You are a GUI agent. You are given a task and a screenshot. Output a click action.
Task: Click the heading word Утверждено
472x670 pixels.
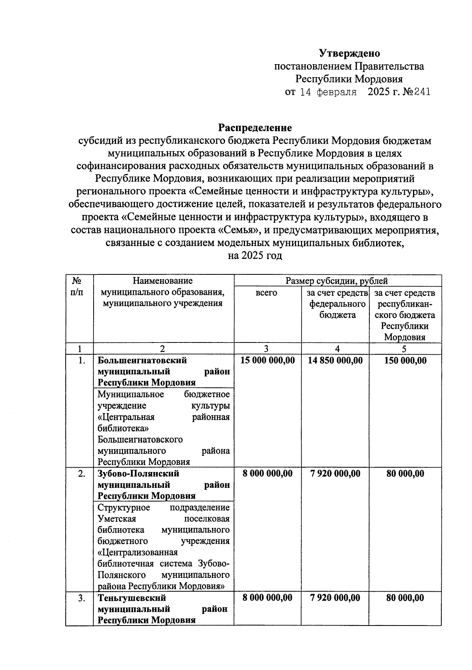coord(349,53)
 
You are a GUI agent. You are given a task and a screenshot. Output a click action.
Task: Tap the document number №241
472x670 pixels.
coord(416,92)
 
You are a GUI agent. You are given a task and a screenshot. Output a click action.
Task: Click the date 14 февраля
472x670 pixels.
coord(328,93)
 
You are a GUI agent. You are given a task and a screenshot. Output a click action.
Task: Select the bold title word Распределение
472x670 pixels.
coord(255,128)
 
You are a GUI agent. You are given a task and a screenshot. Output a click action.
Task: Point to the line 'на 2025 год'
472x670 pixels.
coord(255,256)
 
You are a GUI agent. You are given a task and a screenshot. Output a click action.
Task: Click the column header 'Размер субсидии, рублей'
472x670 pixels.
coord(337,281)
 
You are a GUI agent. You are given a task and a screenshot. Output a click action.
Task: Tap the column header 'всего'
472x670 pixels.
coord(267,293)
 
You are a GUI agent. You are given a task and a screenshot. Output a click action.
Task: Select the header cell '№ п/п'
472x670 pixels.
coord(79,287)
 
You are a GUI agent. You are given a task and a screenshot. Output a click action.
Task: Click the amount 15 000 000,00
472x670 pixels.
coord(267,360)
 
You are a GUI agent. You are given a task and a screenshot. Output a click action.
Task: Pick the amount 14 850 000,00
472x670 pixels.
coord(335,360)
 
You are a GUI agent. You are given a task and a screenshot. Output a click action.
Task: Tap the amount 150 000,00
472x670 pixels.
coord(405,360)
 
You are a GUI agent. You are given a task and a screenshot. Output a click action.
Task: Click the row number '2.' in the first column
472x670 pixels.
coord(81,474)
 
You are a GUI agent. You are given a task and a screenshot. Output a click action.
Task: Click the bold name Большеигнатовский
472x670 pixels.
coord(142,360)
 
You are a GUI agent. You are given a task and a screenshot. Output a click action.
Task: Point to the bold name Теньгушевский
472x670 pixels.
coord(132,598)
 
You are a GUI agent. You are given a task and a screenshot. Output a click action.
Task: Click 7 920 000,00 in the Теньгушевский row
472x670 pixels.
coord(335,598)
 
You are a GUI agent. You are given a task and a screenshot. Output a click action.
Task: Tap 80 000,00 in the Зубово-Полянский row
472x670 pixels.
coord(405,474)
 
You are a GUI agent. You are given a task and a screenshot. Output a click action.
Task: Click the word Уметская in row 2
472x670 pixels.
coord(116,519)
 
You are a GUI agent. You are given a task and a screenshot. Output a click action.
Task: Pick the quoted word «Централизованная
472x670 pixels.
coord(138,552)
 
